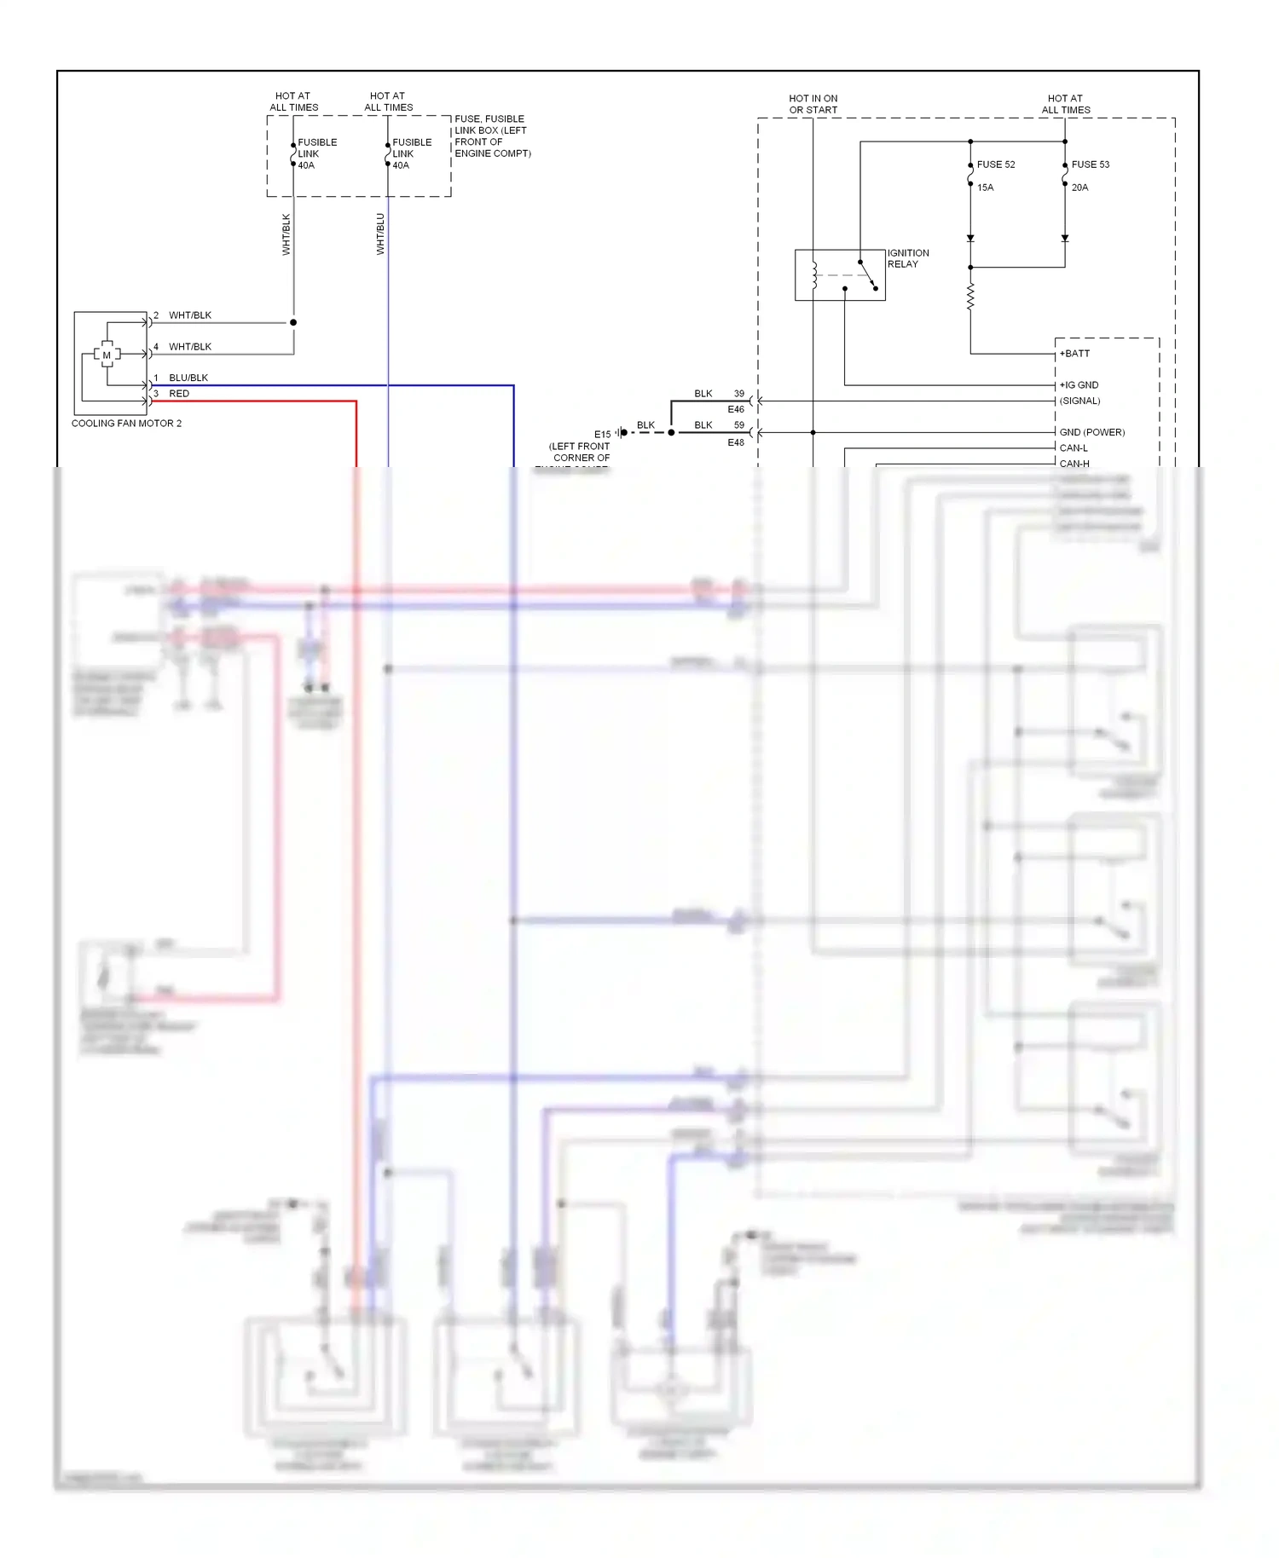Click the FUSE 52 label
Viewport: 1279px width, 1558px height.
995,164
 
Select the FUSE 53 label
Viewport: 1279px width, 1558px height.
1090,164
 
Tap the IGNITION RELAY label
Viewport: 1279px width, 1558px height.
907,258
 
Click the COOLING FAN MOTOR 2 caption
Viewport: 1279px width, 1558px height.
126,424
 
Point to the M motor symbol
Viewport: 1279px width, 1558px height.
107,355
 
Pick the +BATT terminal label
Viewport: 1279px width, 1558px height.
1074,354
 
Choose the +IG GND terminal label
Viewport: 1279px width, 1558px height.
1079,385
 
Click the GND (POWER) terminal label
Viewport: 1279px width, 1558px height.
1091,432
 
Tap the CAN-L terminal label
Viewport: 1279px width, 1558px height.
1074,448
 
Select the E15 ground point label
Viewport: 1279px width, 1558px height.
602,435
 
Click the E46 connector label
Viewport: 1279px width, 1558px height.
736,410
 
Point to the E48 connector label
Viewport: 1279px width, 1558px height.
736,442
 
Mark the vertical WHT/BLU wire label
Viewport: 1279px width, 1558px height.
380,234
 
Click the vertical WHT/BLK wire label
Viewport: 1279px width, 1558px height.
286,234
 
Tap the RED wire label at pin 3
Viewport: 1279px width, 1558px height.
179,394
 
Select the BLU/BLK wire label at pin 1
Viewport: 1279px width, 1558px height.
188,378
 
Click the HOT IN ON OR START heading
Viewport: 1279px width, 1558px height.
813,104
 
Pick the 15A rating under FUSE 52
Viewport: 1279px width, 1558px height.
985,188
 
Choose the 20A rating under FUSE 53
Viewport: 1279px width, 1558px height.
1079,188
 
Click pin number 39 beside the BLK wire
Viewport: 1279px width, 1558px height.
739,394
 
